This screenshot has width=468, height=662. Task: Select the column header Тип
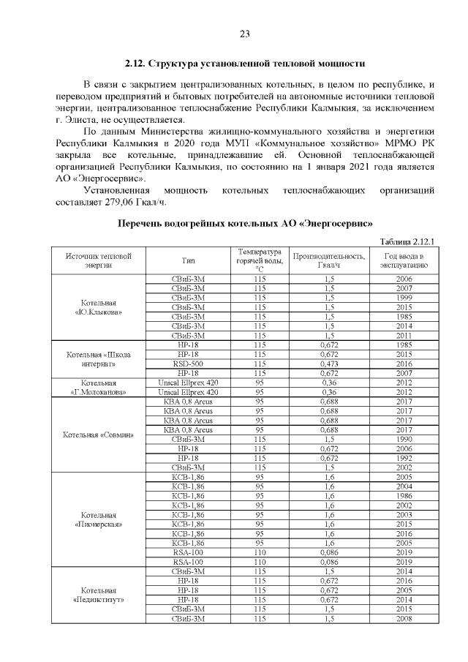[188, 260]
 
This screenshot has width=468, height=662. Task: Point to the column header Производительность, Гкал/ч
[328, 260]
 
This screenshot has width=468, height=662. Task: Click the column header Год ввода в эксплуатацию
[404, 260]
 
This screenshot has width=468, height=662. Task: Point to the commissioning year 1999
[404, 298]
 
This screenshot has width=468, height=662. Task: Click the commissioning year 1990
[404, 438]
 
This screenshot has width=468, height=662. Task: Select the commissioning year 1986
[404, 495]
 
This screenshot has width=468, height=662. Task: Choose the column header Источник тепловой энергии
[98, 260]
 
